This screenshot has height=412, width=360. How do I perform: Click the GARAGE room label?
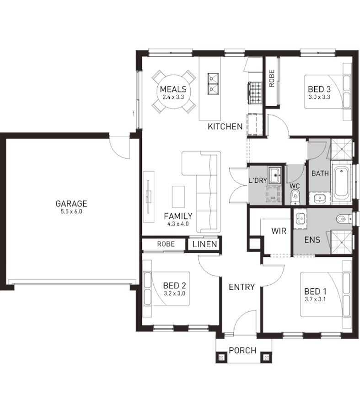[x=71, y=204]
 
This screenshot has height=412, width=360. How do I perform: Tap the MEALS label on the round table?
[x=173, y=89]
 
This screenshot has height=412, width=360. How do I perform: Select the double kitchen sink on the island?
[x=213, y=84]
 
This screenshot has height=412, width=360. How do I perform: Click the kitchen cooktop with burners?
[x=255, y=93]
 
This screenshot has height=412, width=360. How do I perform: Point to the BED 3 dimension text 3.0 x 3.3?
[x=319, y=97]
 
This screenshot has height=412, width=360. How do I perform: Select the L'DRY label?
[x=258, y=180]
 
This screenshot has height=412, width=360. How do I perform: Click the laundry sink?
[x=275, y=175]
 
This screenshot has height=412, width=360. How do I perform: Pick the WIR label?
[x=279, y=231]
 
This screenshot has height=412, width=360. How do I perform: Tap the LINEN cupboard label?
[x=204, y=244]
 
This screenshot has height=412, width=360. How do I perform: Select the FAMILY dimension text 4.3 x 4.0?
[x=178, y=224]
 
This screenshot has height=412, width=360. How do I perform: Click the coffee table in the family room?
[x=178, y=197]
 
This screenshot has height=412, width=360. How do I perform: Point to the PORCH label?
[x=242, y=350]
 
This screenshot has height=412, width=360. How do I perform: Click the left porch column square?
[x=221, y=358]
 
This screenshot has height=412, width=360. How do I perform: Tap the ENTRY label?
[x=242, y=287]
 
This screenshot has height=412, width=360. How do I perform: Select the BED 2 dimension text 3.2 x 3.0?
[x=174, y=293]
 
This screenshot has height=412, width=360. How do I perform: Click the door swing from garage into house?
[x=119, y=147]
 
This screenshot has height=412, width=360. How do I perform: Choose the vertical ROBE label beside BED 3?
[x=272, y=78]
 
